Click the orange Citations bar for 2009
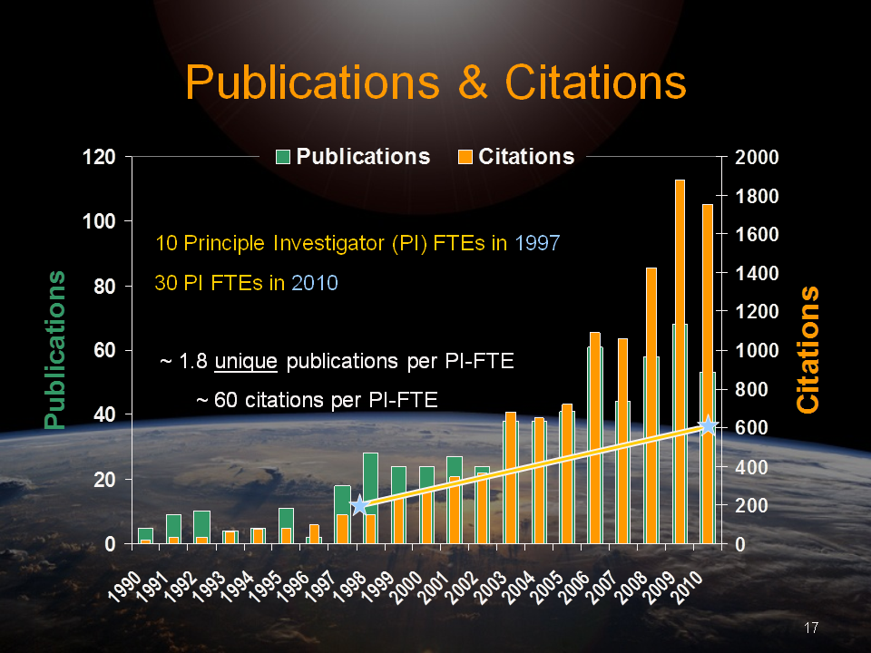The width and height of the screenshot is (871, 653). pos(680,363)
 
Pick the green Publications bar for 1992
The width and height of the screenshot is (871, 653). pos(201,524)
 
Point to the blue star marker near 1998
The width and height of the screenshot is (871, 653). pos(359,505)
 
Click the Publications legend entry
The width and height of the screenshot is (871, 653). pos(354,157)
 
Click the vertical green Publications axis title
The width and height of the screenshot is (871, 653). pos(56,349)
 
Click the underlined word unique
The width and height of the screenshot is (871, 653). pos(246,362)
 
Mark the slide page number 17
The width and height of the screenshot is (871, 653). pos(812,628)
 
